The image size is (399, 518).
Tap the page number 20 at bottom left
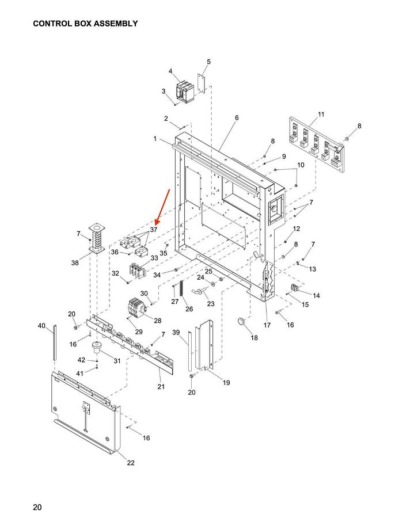pos(37,507)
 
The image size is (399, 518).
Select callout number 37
pos(154,230)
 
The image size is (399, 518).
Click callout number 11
pos(321,115)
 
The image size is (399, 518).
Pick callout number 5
pos(208,62)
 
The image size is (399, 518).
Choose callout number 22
pos(131,463)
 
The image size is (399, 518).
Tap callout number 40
pos(41,326)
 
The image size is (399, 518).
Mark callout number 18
pos(254,337)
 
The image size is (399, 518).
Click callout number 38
pos(75,263)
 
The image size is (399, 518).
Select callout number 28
pos(157,321)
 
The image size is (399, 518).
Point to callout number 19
pos(226,382)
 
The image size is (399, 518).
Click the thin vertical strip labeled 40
pos(55,342)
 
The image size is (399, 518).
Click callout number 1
pos(155,139)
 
